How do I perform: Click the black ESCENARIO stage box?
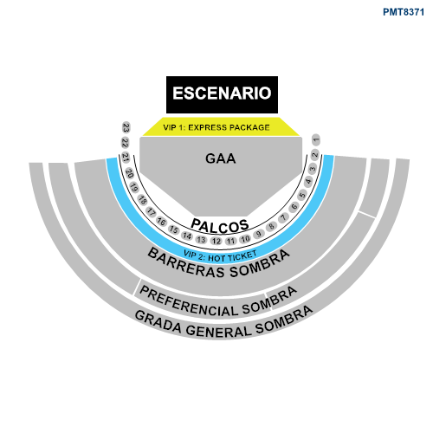pyautogui.click(x=222, y=94)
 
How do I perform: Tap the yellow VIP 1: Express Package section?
pyautogui.click(x=221, y=126)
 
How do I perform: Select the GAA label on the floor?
pyautogui.click(x=221, y=158)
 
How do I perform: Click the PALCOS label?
pyautogui.click(x=220, y=226)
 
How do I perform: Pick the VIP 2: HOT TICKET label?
pyautogui.click(x=220, y=256)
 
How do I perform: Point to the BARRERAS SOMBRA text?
pyautogui.click(x=218, y=264)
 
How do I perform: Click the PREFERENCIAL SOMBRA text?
pyautogui.click(x=218, y=302)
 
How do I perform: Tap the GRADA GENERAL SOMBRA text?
pyautogui.click(x=223, y=323)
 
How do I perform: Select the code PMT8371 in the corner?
pyautogui.click(x=404, y=12)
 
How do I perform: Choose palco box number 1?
pyautogui.click(x=316, y=140)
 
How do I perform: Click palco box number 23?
pyautogui.click(x=126, y=127)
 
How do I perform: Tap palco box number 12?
pyautogui.click(x=216, y=241)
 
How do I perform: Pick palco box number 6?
pyautogui.click(x=294, y=207)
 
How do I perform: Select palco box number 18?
pyautogui.click(x=142, y=200)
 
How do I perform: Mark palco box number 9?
pyautogui.click(x=259, y=234)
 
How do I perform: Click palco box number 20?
pyautogui.click(x=130, y=173)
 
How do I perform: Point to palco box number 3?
pyautogui.click(x=313, y=168)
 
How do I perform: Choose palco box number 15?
pyautogui.click(x=174, y=229)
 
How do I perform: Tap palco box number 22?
pyautogui.click(x=125, y=143)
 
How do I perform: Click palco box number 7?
pyautogui.click(x=284, y=217)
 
